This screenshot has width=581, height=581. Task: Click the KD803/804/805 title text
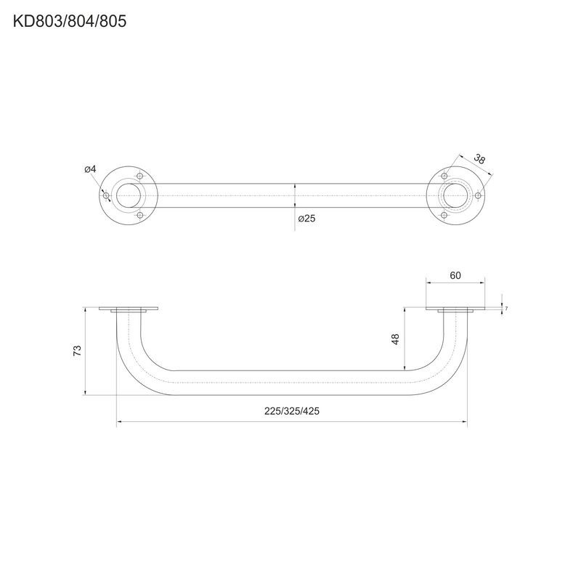point(70,21)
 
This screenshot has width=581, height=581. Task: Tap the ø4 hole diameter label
point(90,169)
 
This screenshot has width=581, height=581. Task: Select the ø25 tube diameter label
point(306,219)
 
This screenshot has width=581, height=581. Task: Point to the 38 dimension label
point(479,159)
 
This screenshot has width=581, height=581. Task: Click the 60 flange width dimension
point(455,275)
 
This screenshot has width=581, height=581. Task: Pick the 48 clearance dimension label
point(396,339)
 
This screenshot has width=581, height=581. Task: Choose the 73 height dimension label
point(77,351)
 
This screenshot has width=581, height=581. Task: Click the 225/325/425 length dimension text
point(292,411)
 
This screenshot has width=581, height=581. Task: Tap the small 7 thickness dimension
point(506,308)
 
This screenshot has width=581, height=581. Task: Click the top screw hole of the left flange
point(139,176)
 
